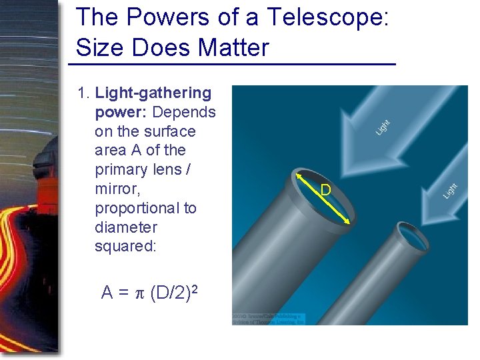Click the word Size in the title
(98, 47)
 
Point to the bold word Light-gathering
(153, 93)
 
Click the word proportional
(146, 208)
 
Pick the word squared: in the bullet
(125, 246)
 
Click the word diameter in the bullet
(125, 227)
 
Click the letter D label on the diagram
(325, 191)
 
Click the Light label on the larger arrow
(383, 126)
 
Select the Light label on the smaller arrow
(451, 190)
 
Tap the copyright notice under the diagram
(269, 318)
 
